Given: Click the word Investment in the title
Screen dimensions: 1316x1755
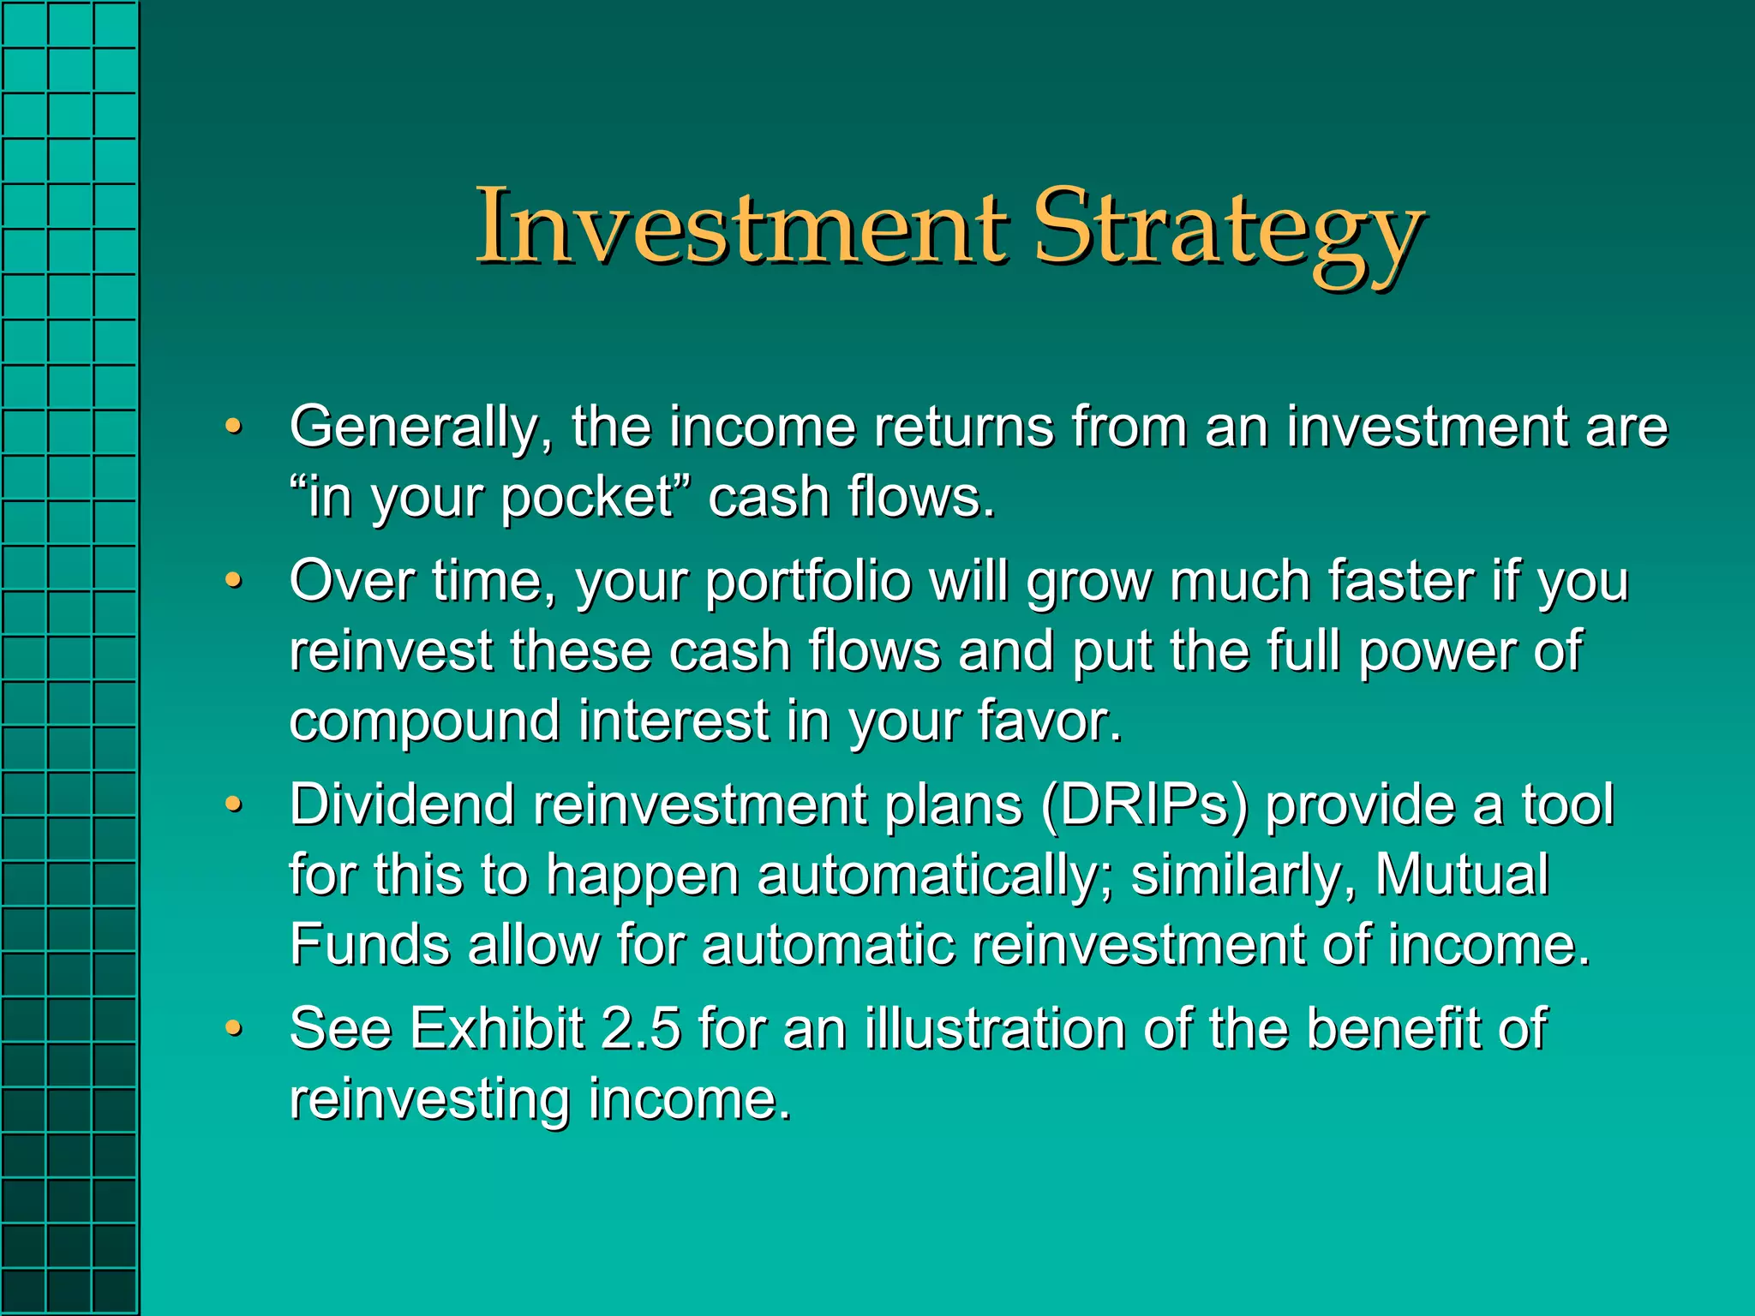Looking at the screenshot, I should pyautogui.click(x=741, y=227).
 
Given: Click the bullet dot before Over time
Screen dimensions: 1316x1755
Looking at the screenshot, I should pyautogui.click(x=233, y=582).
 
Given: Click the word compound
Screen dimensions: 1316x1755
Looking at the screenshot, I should pyautogui.click(x=424, y=722).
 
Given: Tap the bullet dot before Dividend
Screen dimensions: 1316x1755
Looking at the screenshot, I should pyautogui.click(x=233, y=805).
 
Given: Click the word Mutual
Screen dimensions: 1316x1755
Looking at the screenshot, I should pyautogui.click(x=1462, y=875).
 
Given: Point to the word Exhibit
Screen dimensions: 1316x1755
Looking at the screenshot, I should pyautogui.click(x=497, y=1029).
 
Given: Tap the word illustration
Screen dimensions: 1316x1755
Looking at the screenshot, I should pyautogui.click(x=995, y=1029).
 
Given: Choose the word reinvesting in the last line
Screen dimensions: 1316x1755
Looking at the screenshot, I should pyautogui.click(x=429, y=1100).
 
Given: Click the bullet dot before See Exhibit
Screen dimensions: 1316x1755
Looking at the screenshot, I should pyautogui.click(x=233, y=1027).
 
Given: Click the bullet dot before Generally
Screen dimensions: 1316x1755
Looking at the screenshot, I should pyautogui.click(x=233, y=427).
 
